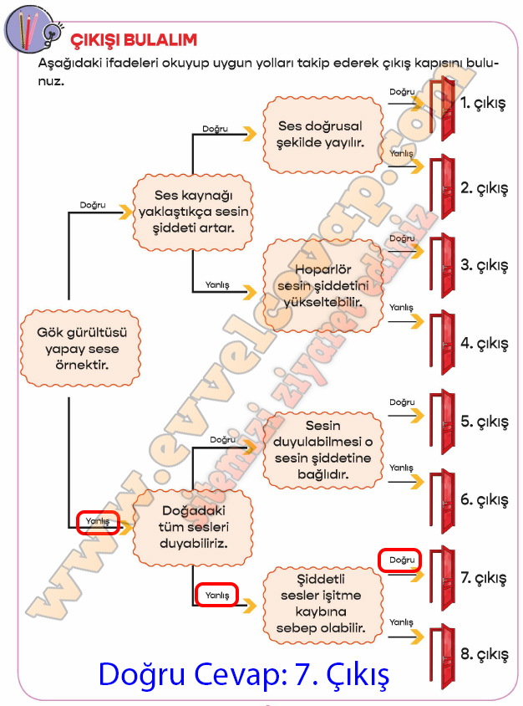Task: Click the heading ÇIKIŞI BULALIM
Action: [133, 39]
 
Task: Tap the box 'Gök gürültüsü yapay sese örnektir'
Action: [78, 348]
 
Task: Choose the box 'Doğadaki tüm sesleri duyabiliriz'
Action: [193, 525]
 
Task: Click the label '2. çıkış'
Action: [484, 188]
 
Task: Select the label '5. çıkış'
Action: [484, 422]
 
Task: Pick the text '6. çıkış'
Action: [484, 500]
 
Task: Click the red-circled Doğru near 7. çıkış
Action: [400, 560]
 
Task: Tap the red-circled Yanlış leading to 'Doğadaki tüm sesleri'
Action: [98, 522]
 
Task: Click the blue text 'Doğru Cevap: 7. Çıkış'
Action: [244, 673]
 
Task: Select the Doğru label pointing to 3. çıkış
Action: [402, 238]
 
